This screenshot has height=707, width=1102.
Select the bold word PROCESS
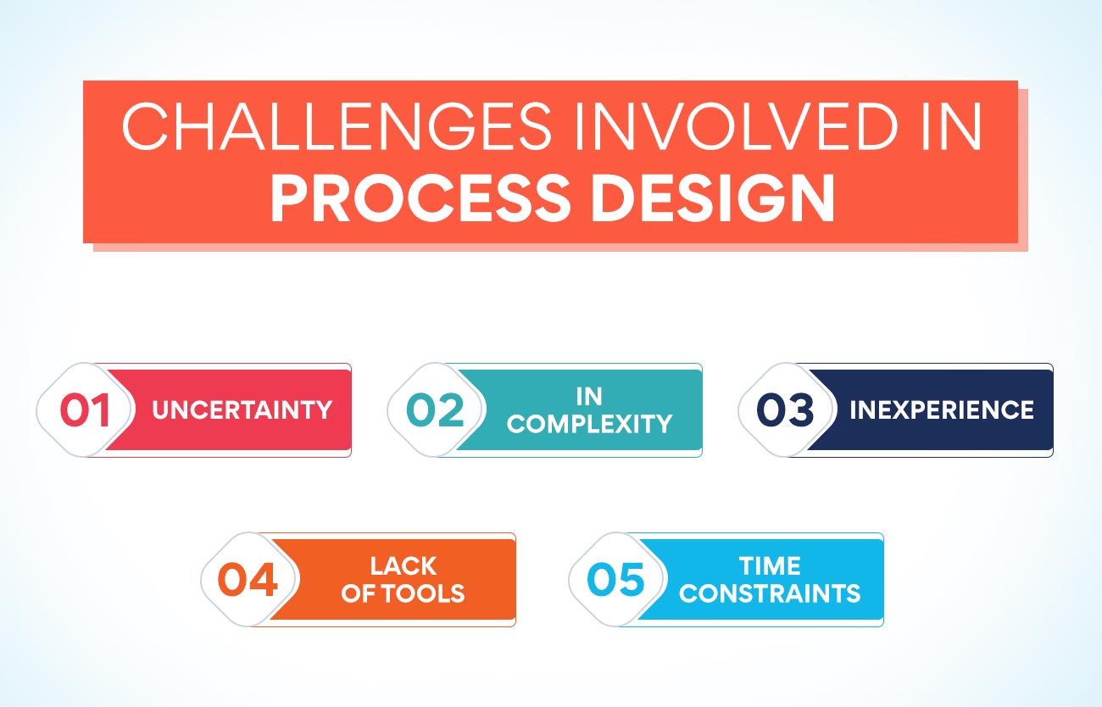click(420, 198)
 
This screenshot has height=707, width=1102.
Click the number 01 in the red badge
click(85, 409)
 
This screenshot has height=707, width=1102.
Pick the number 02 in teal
click(436, 409)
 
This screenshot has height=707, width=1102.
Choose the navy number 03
click(786, 409)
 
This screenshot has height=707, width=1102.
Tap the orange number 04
click(248, 579)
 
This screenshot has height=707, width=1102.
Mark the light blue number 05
click(615, 579)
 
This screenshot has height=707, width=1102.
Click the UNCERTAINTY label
click(242, 409)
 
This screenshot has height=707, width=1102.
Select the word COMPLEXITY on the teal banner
click(589, 424)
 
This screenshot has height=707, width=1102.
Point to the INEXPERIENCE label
click(942, 409)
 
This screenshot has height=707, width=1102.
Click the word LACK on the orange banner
click(404, 565)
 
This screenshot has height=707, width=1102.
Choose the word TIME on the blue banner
click(770, 565)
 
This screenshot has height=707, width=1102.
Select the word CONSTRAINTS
click(770, 593)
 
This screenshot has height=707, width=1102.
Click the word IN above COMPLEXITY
click(589, 397)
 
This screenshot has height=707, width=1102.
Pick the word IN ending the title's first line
click(951, 126)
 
